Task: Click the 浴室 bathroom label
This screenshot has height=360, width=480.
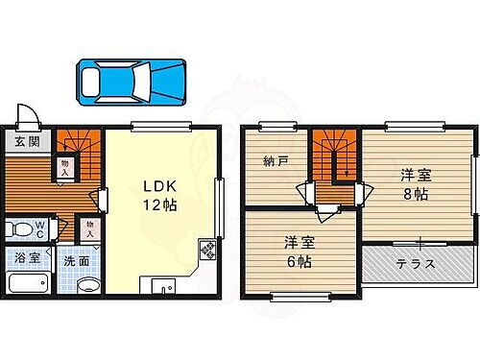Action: point(26,257)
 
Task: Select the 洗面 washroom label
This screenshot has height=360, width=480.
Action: point(78,259)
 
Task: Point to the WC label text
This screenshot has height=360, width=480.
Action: point(40,228)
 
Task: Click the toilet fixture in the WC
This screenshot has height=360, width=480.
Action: point(18,229)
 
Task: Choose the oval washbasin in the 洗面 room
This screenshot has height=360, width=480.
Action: point(87,285)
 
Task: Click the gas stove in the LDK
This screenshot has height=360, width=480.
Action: point(205,252)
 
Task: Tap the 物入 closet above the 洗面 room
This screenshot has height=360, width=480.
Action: point(88,228)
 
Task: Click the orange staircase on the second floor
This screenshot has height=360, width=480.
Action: point(335,163)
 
